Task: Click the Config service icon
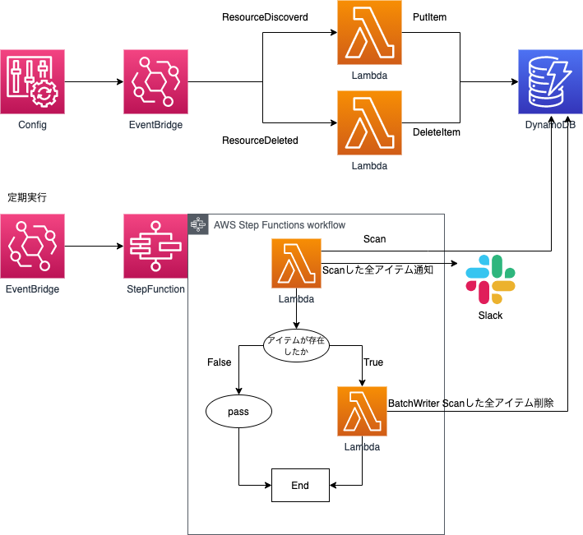click(x=32, y=81)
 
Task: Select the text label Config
click(x=32, y=125)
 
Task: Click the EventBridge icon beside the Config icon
click(x=155, y=81)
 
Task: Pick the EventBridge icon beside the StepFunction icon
click(x=32, y=246)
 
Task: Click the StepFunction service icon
click(x=155, y=246)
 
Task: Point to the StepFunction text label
click(x=155, y=289)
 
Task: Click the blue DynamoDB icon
click(x=550, y=81)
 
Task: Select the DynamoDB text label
click(x=550, y=125)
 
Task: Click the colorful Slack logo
click(x=490, y=279)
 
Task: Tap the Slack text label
click(x=490, y=316)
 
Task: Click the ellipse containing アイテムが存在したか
click(x=296, y=345)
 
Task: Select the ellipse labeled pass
click(x=238, y=411)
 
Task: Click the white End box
click(x=300, y=485)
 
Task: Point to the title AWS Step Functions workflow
click(x=279, y=225)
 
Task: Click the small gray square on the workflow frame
click(x=198, y=224)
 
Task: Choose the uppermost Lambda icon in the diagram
click(x=369, y=32)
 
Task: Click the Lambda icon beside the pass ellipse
click(x=362, y=411)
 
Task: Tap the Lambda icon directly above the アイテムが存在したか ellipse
click(x=296, y=263)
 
